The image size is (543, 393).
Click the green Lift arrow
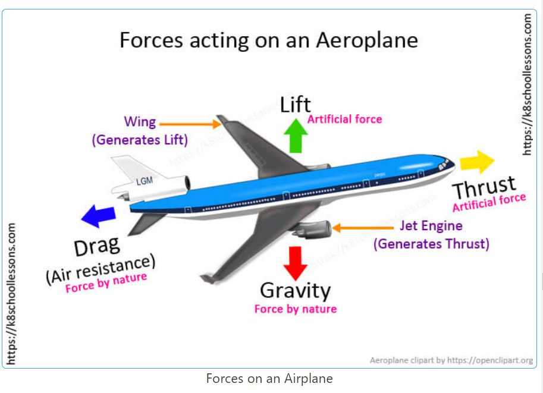point(296,136)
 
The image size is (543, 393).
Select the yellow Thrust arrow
point(477,162)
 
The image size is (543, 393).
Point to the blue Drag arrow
point(98,216)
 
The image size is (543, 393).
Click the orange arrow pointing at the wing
point(190,124)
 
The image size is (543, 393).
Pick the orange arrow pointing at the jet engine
point(363,228)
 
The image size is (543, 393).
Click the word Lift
point(296,104)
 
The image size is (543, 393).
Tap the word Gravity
point(296,291)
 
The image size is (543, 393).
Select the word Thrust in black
point(485,187)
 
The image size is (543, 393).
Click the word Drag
point(98,246)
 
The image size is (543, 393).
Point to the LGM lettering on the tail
point(145,181)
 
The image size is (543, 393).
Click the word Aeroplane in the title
point(367,40)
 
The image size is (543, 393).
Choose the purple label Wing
point(140,122)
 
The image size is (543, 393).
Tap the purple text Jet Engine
point(431,226)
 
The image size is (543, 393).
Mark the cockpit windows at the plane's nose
point(444,165)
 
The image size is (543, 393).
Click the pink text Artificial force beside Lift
point(344,119)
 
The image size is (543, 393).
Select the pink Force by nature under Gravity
point(296,309)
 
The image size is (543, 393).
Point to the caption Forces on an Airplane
point(269,379)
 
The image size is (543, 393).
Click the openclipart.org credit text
point(451,360)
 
